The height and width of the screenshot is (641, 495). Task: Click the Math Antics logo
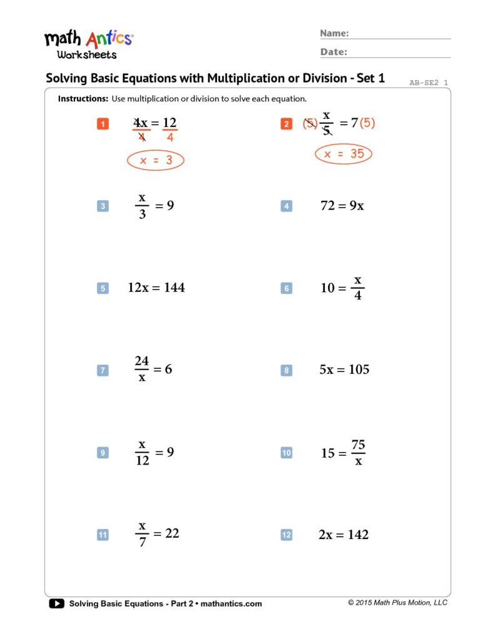click(x=88, y=44)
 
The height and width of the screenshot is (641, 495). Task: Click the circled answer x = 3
click(x=155, y=161)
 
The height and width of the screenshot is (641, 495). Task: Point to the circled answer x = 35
click(x=344, y=154)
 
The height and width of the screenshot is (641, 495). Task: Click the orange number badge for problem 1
click(x=103, y=124)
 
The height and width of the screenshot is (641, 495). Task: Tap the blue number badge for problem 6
click(x=286, y=289)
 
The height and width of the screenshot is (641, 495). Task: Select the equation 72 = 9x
click(x=342, y=206)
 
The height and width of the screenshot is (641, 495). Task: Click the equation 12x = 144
click(x=156, y=288)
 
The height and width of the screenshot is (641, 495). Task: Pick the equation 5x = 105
click(x=344, y=370)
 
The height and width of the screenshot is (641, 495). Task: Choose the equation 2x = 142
click(x=344, y=535)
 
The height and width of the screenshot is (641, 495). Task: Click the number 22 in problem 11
click(x=172, y=533)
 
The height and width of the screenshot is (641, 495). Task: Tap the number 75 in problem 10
click(x=358, y=445)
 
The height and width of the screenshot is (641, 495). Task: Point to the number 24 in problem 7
click(x=142, y=361)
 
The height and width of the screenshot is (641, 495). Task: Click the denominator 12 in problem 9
click(x=142, y=460)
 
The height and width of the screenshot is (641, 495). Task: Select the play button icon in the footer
click(x=56, y=603)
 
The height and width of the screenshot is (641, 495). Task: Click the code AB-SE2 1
click(x=429, y=82)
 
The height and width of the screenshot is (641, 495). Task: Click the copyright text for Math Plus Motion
click(x=398, y=603)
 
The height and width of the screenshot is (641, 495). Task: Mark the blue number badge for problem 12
click(x=286, y=535)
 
